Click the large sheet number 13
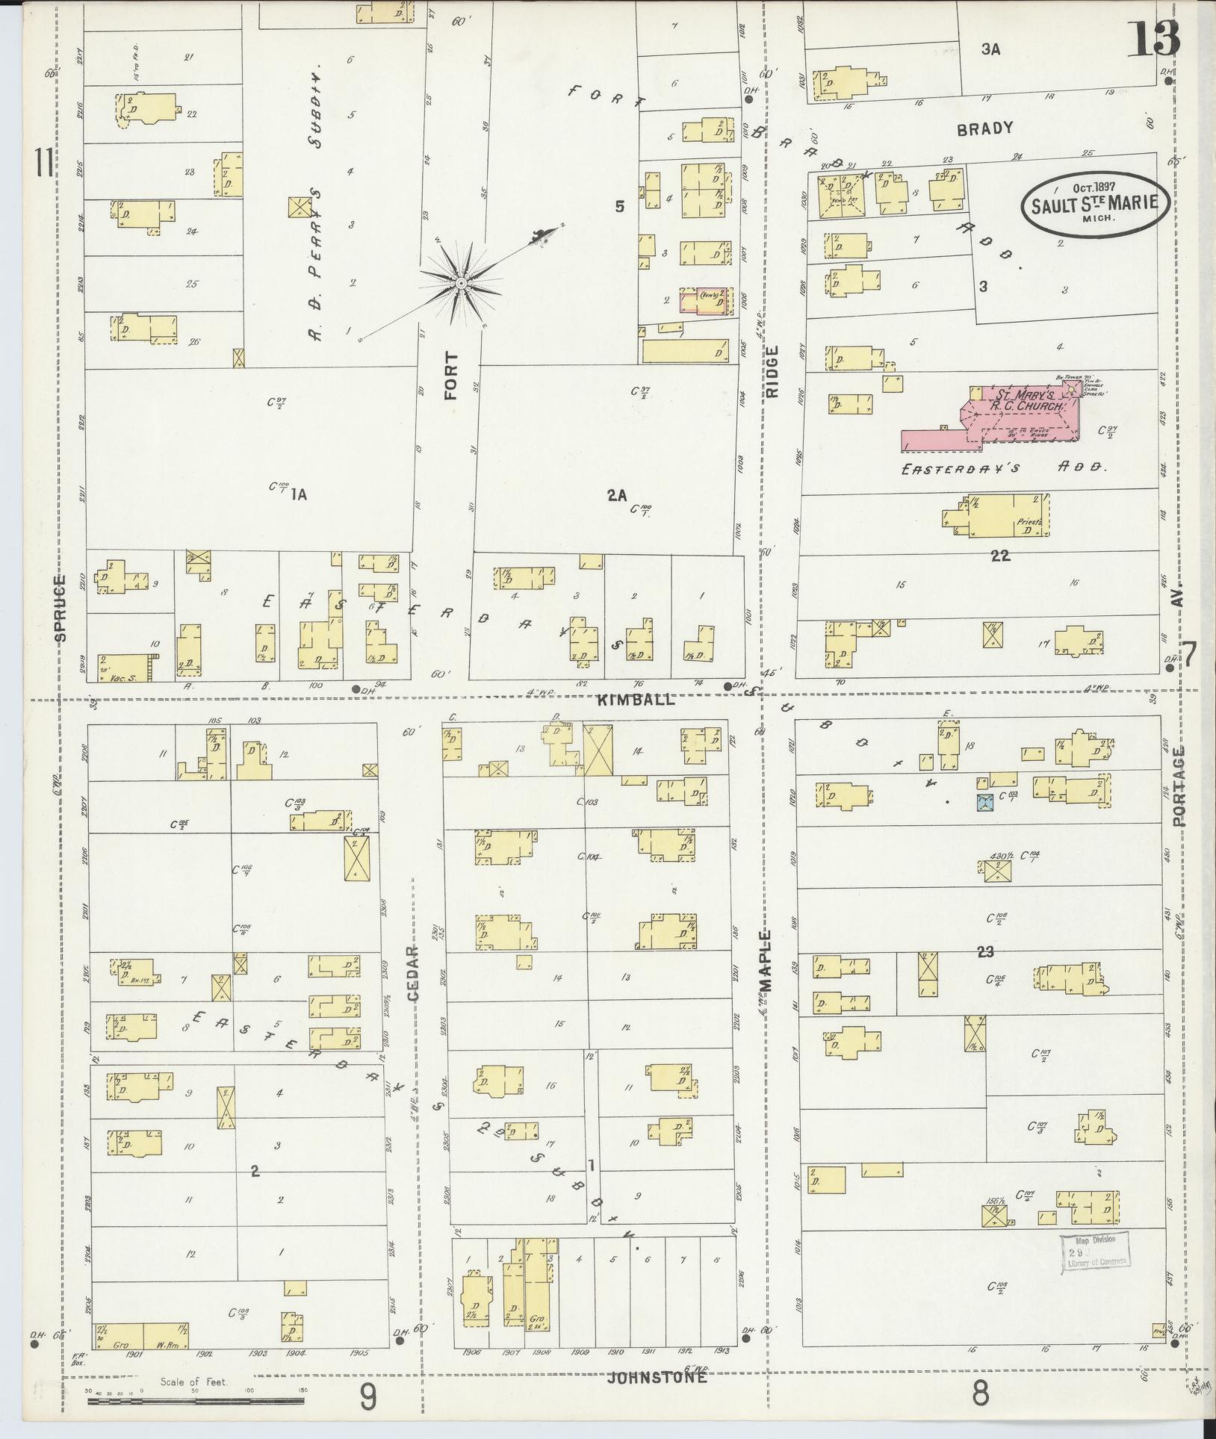1153,39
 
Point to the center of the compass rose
461,284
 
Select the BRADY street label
986,128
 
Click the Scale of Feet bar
195,1402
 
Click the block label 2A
616,494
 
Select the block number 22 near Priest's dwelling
999,555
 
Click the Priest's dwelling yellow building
1007,515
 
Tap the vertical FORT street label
450,377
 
